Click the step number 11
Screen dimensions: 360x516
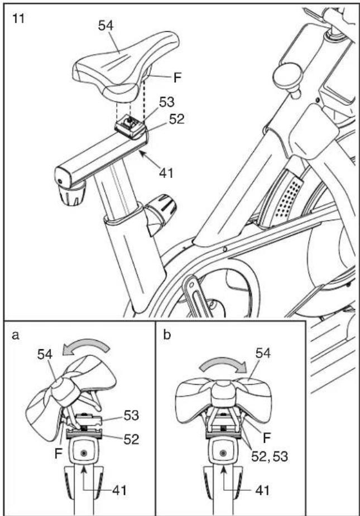[x=19, y=18]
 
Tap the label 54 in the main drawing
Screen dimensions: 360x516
[x=105, y=26]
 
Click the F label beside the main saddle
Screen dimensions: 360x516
[x=177, y=78]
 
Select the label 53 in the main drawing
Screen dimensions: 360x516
[x=167, y=103]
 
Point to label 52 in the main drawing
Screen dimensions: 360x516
[x=176, y=119]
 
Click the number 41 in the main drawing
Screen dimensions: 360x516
[x=166, y=172]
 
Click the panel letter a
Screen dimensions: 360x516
[x=16, y=335]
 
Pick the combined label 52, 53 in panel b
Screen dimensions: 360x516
[x=270, y=456]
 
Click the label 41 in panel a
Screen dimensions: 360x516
[x=119, y=491]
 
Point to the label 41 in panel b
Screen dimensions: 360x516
[x=262, y=491]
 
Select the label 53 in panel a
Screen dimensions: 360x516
[x=131, y=416]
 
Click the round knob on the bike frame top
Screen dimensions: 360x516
[x=290, y=78]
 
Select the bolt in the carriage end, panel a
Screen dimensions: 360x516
[x=84, y=453]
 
